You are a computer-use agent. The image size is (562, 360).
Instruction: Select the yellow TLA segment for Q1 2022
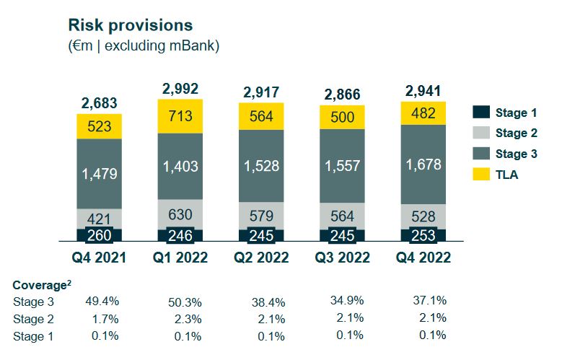(181, 115)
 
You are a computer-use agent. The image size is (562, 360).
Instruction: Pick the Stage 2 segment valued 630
(181, 214)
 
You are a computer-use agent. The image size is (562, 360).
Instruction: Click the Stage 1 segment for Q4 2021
(100, 235)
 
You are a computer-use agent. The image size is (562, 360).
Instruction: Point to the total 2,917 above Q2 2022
(261, 92)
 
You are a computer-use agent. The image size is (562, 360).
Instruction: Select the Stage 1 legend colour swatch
(482, 112)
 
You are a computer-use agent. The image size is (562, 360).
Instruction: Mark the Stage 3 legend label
(516, 154)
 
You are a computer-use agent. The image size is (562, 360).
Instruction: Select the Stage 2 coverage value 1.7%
(105, 318)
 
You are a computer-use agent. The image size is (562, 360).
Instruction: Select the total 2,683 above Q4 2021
(100, 104)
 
